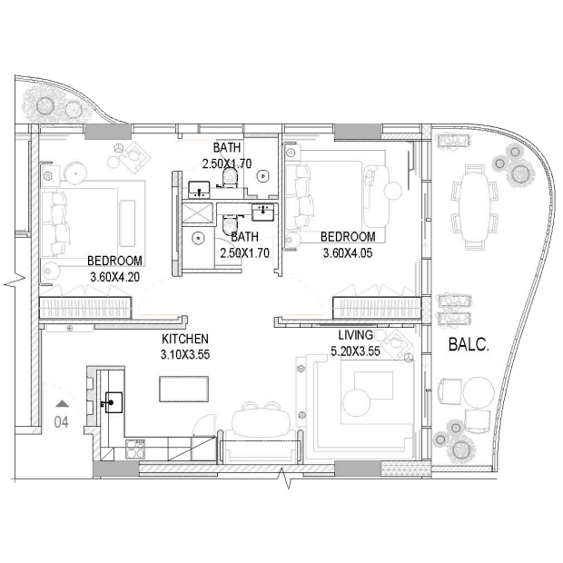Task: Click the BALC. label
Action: pos(469,345)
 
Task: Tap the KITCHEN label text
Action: pos(185,339)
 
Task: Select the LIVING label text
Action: pos(355,335)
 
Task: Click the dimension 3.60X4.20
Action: pos(115,277)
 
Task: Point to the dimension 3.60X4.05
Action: pos(348,252)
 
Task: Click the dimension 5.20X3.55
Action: pos(355,351)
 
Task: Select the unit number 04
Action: pos(61,422)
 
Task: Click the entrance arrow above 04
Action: pos(63,403)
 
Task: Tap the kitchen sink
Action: pos(114,402)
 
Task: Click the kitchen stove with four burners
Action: pos(135,449)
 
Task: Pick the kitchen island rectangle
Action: pos(183,390)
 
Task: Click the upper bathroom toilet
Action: pos(230,177)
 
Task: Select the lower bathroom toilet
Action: pos(230,225)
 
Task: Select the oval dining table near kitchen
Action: pos(261,422)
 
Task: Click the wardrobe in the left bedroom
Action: pos(85,308)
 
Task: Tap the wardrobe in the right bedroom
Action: pos(377,308)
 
